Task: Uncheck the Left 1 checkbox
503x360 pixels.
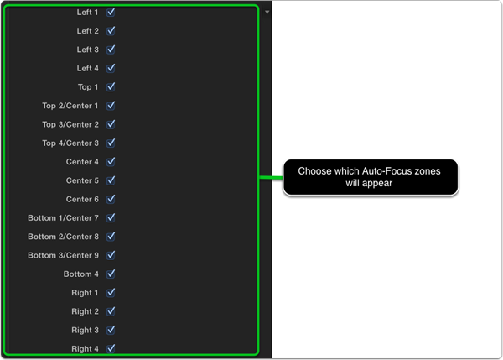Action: coord(111,13)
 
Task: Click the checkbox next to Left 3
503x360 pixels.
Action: coord(111,50)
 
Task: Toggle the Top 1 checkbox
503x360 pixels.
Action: coord(111,87)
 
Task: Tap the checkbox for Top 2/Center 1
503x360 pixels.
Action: coord(111,106)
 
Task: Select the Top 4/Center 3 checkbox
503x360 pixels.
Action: coord(111,143)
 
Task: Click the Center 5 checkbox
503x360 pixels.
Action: coord(111,180)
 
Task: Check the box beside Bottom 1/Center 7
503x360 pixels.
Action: coord(111,217)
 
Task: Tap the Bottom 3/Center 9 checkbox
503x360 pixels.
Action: coord(111,255)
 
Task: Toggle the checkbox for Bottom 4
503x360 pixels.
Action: coord(111,274)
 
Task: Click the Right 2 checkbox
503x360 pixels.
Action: coord(111,311)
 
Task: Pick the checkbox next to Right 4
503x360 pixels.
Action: coord(111,348)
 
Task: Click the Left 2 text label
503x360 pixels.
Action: coord(87,31)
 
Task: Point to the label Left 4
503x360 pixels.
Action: coord(87,69)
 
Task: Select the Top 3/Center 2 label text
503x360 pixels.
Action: coord(70,124)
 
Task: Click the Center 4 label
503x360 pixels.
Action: coord(82,162)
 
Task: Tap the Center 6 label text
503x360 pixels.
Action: coord(82,199)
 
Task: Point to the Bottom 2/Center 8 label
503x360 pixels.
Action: coord(63,237)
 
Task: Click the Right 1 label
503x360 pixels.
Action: coord(85,293)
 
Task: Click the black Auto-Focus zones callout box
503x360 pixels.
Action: coord(371,177)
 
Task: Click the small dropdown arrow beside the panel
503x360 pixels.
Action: coord(267,13)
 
